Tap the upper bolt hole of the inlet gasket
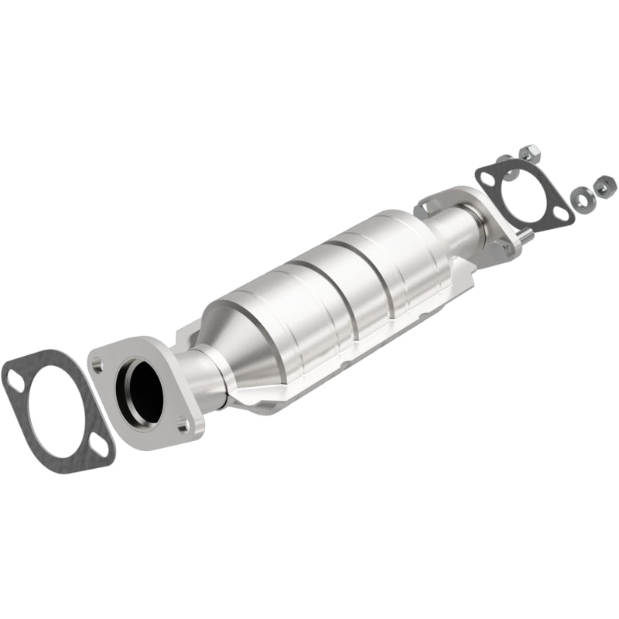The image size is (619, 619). (15, 377)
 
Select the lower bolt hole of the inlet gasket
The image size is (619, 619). (99, 443)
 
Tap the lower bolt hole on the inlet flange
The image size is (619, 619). (183, 424)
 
